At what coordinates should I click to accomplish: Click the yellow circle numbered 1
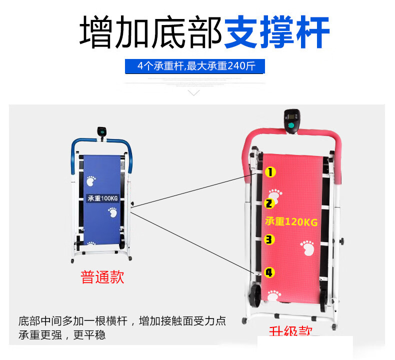click(270, 172)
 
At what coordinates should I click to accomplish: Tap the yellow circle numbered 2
click(269, 203)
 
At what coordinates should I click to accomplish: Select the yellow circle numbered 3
click(269, 239)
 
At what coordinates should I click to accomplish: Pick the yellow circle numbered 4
click(269, 272)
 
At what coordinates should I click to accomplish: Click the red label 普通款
click(102, 277)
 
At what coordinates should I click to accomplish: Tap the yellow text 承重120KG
click(291, 221)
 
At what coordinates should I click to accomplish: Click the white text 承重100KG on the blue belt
click(102, 198)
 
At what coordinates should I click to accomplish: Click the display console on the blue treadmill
click(102, 132)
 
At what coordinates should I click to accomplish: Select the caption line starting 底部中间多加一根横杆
click(122, 320)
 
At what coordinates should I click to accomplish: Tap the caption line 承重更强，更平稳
click(62, 334)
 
